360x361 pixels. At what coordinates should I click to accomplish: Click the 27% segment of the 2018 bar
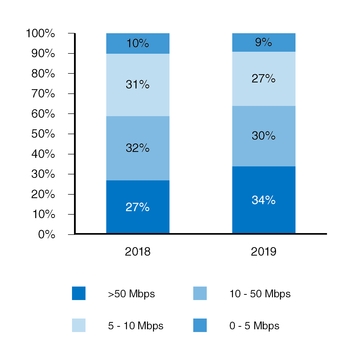click(x=138, y=207)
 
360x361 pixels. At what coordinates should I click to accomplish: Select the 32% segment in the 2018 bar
click(x=138, y=148)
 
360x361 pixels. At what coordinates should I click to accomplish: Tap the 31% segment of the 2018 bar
click(x=138, y=85)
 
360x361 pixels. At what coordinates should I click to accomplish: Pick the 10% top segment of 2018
click(x=138, y=43)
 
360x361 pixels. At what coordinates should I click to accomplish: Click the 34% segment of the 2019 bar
click(x=263, y=200)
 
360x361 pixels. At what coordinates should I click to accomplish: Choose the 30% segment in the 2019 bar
click(x=263, y=136)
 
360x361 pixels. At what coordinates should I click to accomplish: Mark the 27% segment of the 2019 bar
click(x=263, y=79)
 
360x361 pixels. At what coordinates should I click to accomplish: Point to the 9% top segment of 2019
click(x=263, y=42)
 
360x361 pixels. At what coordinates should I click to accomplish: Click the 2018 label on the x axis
click(x=138, y=252)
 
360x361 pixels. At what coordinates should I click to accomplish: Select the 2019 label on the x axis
click(x=263, y=252)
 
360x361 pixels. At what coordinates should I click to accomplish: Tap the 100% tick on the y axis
click(x=39, y=33)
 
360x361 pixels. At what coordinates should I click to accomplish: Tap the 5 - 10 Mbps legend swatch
click(x=80, y=326)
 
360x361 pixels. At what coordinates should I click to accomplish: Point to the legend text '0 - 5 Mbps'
click(x=253, y=326)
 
